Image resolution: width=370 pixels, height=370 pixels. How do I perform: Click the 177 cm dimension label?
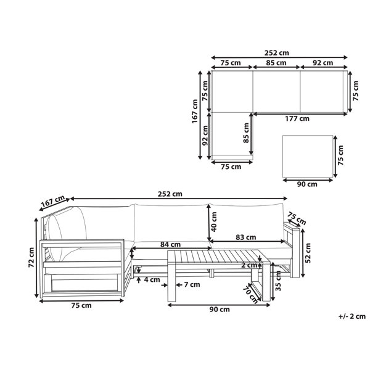(x=297, y=118)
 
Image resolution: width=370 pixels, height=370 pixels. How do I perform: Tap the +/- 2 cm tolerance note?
(x=352, y=316)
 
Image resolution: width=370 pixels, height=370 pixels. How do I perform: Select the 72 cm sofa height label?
(x=31, y=257)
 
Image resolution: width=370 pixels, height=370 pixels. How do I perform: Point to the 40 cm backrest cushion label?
(x=214, y=222)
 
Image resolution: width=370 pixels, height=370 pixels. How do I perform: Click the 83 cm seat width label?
(x=246, y=237)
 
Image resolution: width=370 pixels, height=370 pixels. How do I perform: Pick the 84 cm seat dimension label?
(x=170, y=244)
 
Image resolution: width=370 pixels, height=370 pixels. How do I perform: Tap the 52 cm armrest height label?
(x=308, y=253)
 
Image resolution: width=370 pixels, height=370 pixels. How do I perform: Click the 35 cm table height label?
(x=278, y=281)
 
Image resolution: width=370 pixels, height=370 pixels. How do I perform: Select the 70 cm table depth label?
(x=250, y=294)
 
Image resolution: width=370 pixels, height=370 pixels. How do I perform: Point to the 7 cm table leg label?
(x=192, y=284)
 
